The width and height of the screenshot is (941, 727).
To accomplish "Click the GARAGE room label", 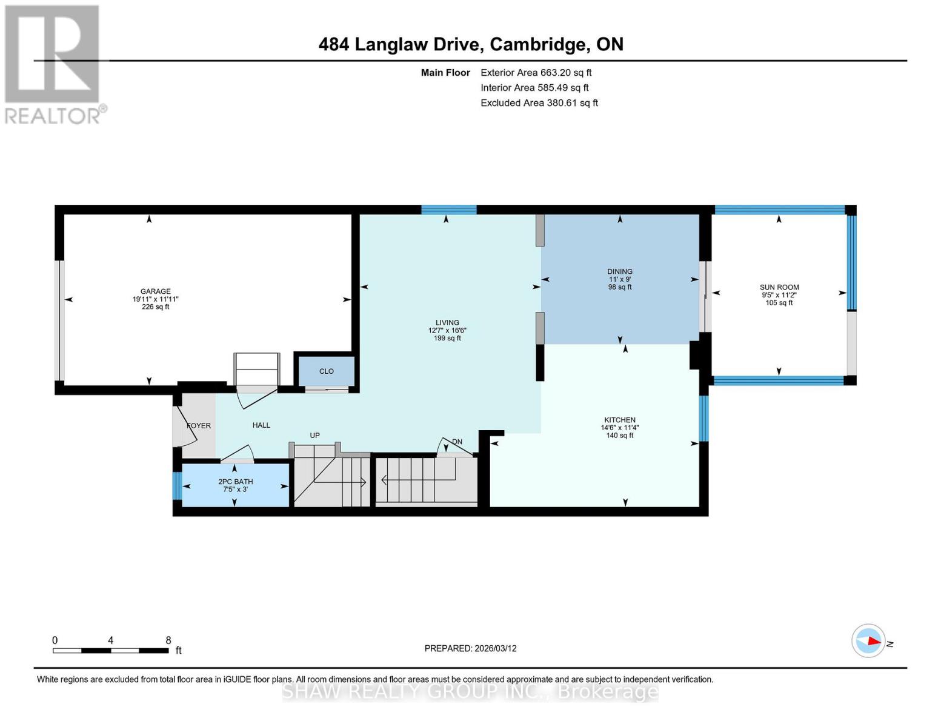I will [x=155, y=291].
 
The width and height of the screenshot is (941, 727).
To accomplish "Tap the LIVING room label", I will [x=447, y=323].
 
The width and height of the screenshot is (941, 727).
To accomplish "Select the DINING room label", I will [x=620, y=272].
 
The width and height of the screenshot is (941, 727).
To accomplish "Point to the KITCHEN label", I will [x=619, y=420].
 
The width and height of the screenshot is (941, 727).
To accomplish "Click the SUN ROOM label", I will [x=779, y=288].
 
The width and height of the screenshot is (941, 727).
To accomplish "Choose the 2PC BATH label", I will [x=236, y=482].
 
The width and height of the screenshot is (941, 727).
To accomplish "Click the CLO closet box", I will [x=327, y=371].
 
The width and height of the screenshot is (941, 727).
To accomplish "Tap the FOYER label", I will [x=199, y=426].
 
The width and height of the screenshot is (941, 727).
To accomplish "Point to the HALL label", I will [x=261, y=425].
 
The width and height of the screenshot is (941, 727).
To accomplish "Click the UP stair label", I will [x=314, y=436].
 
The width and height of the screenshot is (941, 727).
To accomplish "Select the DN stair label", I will [x=457, y=442].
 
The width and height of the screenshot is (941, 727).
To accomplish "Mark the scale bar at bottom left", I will [x=111, y=651].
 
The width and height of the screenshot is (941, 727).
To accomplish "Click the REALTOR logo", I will [x=53, y=64].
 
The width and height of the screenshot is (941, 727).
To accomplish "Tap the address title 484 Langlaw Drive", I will [x=471, y=44].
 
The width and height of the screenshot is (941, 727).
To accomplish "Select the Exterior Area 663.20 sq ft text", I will [x=536, y=73].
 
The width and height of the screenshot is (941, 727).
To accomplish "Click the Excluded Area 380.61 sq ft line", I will [x=539, y=103].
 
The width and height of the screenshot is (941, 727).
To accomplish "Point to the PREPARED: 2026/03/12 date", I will [x=470, y=648].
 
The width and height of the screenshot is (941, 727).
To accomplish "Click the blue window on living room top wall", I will [x=449, y=210].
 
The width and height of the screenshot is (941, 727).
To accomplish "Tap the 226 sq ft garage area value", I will [x=155, y=307].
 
